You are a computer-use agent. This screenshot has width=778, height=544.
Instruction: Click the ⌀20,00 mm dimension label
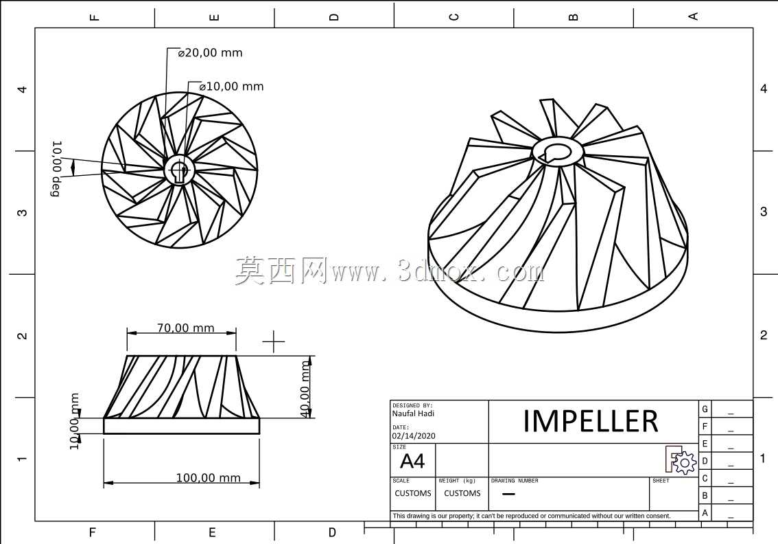coord(211,53)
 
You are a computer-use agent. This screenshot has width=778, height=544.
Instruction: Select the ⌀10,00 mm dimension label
coord(231,87)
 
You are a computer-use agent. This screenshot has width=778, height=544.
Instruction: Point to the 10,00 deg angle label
coord(57,169)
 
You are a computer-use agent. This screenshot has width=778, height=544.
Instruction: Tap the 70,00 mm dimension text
coord(185,328)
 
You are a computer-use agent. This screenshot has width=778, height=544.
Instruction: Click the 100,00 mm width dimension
coord(209,478)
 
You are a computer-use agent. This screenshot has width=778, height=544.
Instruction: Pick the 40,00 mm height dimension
coord(305,389)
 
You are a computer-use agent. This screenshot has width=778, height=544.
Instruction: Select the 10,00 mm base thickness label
coord(74,421)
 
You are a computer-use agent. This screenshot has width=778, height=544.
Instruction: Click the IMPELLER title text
coord(591,421)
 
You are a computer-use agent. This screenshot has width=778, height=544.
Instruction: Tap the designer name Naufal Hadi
coord(413,413)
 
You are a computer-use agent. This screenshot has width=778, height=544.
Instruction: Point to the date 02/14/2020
coord(414,436)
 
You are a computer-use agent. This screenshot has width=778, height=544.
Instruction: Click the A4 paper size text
coord(412,462)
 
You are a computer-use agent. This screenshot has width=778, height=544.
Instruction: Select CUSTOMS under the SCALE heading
coord(413,493)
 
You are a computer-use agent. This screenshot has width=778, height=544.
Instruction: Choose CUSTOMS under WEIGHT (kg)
coord(462,493)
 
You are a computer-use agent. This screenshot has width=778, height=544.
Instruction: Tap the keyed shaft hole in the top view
coord(178,170)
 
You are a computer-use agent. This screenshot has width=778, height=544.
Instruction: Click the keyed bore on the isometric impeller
coord(557,152)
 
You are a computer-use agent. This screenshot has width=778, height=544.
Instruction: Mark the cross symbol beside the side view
coord(273,342)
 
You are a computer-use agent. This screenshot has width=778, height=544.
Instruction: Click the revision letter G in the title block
coord(705,409)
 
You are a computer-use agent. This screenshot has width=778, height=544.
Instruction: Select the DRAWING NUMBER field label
coord(515,481)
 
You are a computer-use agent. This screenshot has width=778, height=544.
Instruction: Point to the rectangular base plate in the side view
coord(181,426)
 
